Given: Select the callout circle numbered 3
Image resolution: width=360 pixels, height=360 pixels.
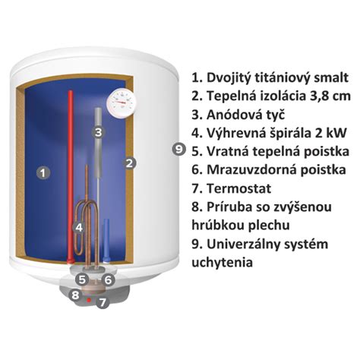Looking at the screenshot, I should click(98, 131).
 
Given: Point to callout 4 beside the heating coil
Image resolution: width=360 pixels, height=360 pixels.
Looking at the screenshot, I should click(77, 226).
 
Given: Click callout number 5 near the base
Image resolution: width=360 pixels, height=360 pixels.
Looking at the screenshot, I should click(83, 279).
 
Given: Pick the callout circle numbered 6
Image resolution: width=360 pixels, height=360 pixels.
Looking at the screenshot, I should click(109, 279).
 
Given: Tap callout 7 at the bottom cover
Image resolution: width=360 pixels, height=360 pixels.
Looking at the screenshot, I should click(103, 301).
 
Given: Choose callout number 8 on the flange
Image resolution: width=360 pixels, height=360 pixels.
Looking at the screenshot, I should click(75, 295).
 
